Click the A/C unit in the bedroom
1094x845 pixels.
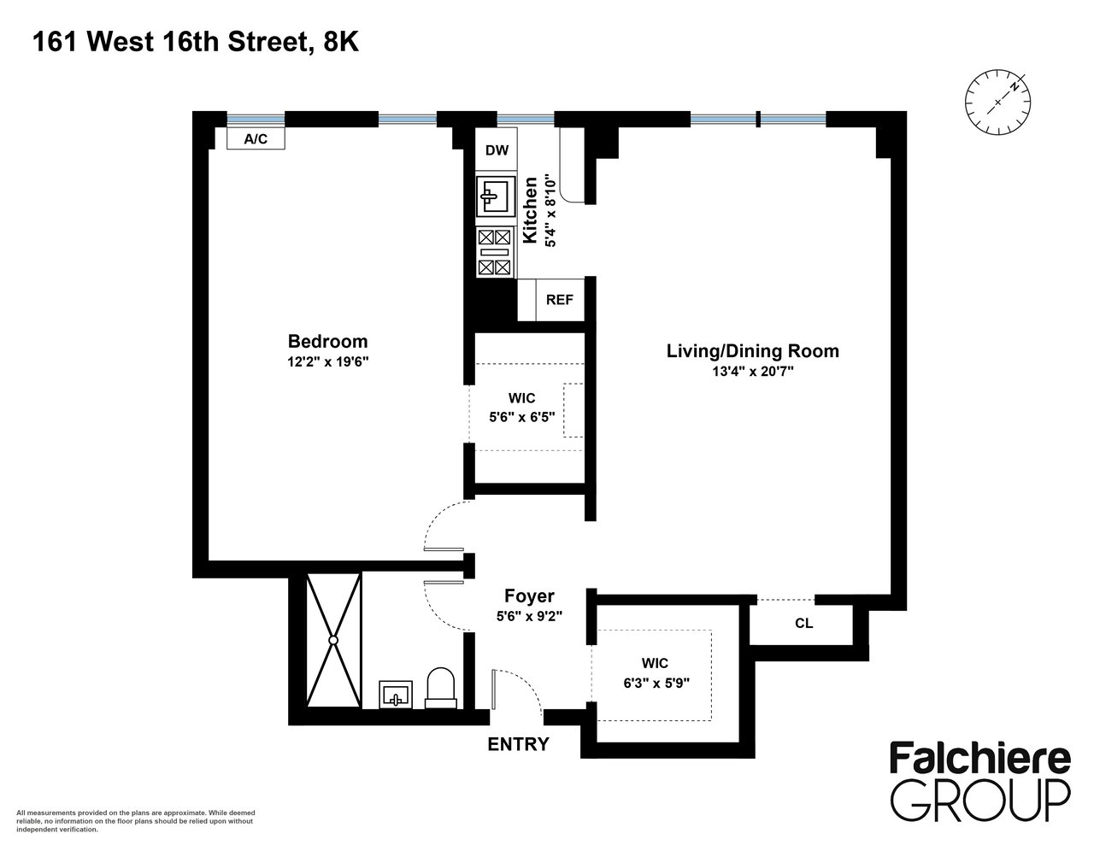point(256,138)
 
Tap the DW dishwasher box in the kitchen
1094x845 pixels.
point(497,149)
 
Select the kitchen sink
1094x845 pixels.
point(496,196)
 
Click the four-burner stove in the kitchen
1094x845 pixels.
point(494,252)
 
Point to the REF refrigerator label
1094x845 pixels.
point(559,300)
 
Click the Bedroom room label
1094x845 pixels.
point(327,341)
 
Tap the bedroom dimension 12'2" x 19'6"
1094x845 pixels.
point(328,362)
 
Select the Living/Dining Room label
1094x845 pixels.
point(753,351)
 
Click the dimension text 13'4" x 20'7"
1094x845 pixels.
point(753,372)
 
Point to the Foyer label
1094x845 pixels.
point(529,596)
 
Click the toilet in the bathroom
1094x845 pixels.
point(440,688)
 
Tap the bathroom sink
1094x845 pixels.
point(395,695)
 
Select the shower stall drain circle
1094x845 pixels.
point(333,640)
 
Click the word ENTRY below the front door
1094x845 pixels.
point(518,744)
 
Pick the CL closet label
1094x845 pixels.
point(803,624)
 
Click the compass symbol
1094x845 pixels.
point(997,103)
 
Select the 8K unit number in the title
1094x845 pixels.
point(341,42)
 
